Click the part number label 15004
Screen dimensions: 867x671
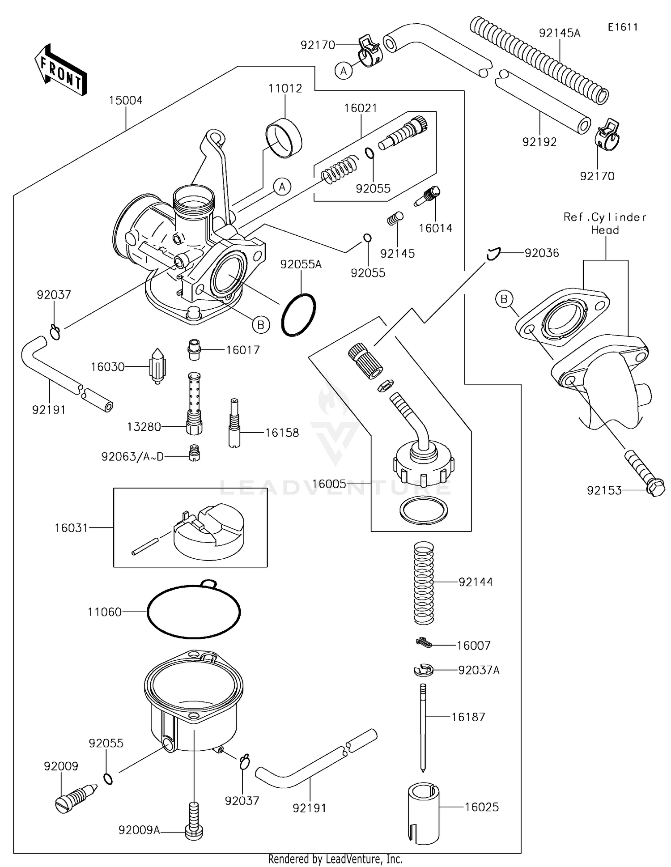coord(125,100)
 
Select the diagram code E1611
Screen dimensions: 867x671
coord(622,27)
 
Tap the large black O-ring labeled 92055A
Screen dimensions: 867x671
coord(298,315)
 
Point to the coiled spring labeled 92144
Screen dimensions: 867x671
coord(423,582)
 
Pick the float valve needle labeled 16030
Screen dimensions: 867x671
coord(157,365)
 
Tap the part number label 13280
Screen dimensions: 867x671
coord(144,427)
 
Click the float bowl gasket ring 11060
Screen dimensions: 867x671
coord(194,612)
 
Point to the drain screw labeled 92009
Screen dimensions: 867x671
coord(76,799)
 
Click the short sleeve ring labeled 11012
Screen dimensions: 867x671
coord(284,138)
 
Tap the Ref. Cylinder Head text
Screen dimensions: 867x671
coord(605,223)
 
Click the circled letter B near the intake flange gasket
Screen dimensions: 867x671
coord(504,299)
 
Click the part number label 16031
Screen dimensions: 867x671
coord(71,528)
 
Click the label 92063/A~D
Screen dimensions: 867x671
coord(132,457)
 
